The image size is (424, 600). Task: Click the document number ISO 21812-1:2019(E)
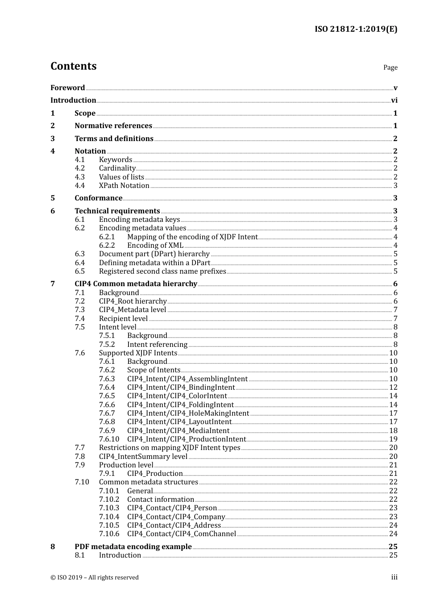(x=356, y=29)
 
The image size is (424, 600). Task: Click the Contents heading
(x=73, y=66)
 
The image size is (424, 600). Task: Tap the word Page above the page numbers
(x=390, y=67)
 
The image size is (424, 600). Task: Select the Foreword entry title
(x=67, y=88)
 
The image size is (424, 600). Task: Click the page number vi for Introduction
(x=394, y=100)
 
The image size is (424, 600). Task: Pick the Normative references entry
(x=113, y=126)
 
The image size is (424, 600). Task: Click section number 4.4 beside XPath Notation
(x=79, y=186)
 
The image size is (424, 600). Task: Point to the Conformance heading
(x=98, y=198)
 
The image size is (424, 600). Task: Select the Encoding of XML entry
(x=155, y=246)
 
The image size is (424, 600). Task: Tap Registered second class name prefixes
(x=162, y=271)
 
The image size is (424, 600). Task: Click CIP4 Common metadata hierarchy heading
(x=136, y=284)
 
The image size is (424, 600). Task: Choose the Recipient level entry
(x=123, y=319)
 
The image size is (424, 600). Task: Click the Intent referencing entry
(x=157, y=345)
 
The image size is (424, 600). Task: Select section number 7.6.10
(x=109, y=439)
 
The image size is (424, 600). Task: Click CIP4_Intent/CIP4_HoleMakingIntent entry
(x=188, y=413)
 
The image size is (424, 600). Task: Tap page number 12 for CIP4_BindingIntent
(x=393, y=387)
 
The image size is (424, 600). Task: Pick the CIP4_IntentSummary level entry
(x=143, y=457)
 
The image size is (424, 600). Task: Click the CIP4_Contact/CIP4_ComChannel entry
(x=181, y=534)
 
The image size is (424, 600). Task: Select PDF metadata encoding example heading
(x=133, y=547)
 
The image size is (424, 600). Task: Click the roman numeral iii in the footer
(x=394, y=577)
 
